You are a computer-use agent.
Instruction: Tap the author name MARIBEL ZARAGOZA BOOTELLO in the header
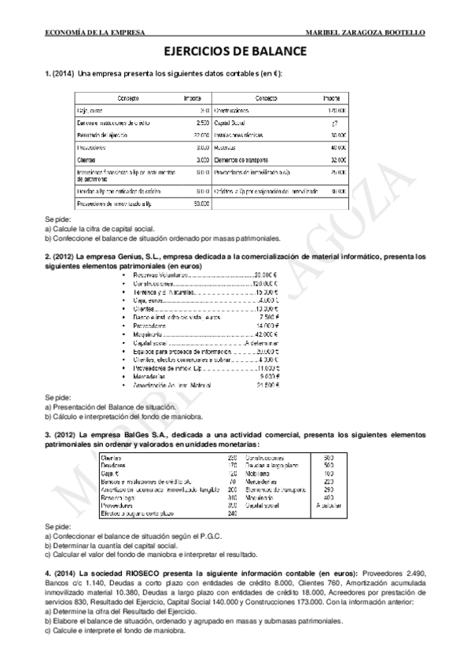point(368,32)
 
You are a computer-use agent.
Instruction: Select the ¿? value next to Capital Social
point(335,123)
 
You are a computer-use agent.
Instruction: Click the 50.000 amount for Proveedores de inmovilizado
point(201,204)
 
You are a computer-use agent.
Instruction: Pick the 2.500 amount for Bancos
point(202,123)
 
